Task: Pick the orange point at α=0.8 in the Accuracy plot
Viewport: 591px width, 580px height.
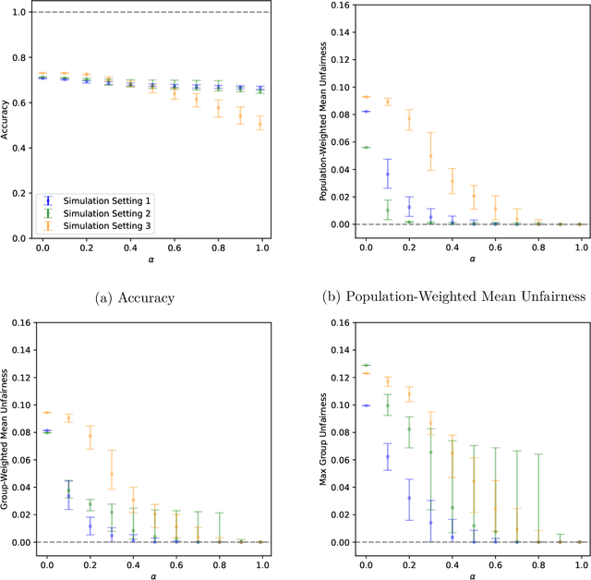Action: point(219,107)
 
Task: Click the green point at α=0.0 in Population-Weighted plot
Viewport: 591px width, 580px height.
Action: point(366,148)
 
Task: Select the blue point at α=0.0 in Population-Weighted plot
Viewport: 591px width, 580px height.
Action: point(366,112)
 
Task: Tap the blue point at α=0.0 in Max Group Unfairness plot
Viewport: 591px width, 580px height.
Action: point(366,405)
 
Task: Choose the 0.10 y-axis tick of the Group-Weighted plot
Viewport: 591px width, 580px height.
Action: point(21,405)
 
